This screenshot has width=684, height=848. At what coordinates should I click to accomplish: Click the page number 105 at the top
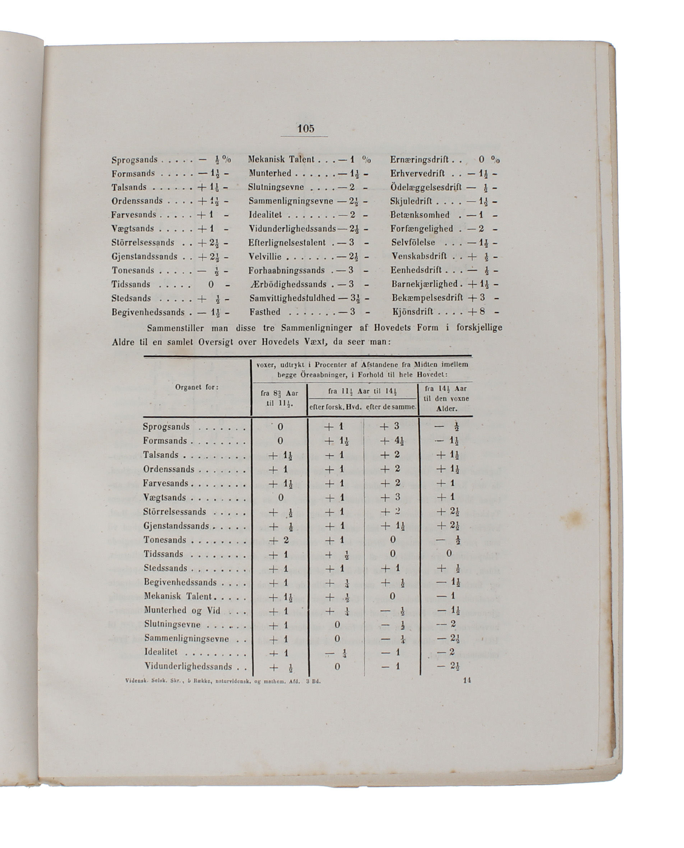(x=306, y=129)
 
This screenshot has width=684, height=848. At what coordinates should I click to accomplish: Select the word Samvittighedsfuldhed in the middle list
(x=292, y=298)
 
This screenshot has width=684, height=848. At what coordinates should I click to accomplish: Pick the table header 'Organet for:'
(x=197, y=387)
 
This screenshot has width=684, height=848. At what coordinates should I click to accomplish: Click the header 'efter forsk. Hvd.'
(x=335, y=407)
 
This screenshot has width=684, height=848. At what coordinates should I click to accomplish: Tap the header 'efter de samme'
(x=391, y=407)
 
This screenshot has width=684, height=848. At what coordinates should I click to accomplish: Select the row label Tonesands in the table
(x=165, y=540)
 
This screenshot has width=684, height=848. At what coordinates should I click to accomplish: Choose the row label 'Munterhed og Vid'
(x=182, y=610)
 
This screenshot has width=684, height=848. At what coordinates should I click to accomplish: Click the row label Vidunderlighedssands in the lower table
(x=188, y=667)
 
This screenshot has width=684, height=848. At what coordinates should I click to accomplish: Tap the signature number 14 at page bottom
(x=467, y=680)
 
